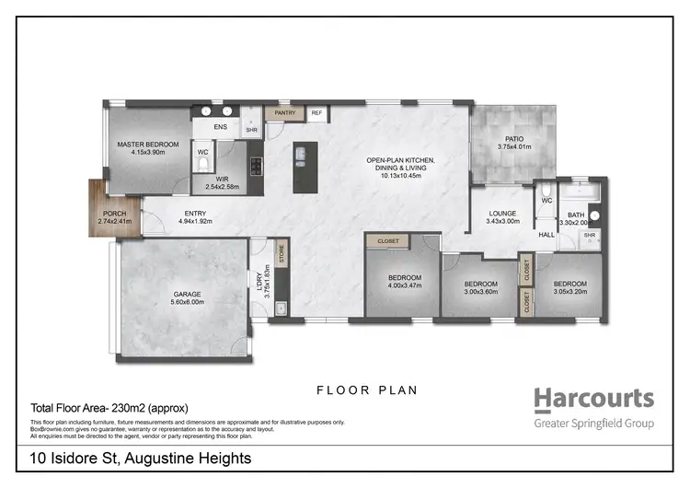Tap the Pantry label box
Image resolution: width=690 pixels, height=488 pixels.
tap(284, 113)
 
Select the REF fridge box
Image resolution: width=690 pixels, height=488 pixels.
tap(316, 113)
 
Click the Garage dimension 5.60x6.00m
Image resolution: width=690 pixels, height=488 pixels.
tap(189, 304)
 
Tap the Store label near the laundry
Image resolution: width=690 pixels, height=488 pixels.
tap(282, 253)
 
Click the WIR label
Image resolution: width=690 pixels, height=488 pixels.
tap(221, 180)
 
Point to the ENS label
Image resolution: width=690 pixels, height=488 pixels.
tap(221, 126)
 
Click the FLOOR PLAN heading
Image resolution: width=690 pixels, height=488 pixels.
tap(367, 390)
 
